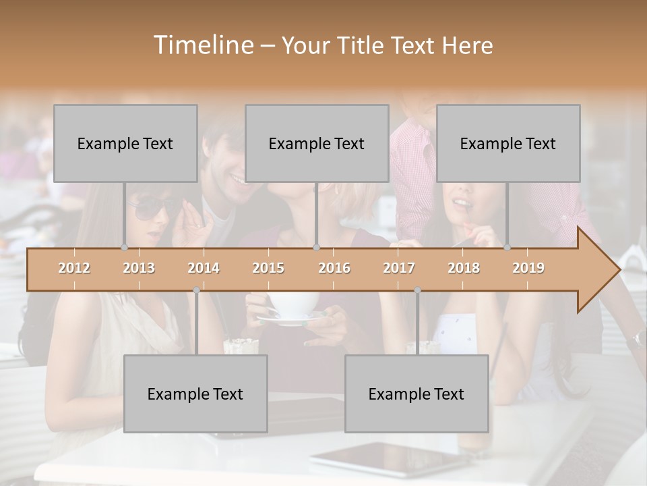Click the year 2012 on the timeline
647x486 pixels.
click(x=74, y=268)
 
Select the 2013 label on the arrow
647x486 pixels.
click(x=139, y=268)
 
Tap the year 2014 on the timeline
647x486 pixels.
click(x=204, y=268)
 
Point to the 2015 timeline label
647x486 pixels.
click(x=268, y=268)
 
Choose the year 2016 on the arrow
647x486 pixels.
click(x=334, y=268)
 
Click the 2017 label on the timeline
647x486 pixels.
click(x=399, y=268)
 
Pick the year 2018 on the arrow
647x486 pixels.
click(x=464, y=268)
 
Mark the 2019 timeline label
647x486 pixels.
click(x=528, y=268)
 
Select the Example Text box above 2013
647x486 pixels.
click(x=125, y=143)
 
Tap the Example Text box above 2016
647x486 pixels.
click(x=317, y=143)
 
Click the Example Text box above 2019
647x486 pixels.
click(x=508, y=143)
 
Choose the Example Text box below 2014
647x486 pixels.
click(x=195, y=394)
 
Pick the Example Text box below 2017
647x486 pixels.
click(x=417, y=394)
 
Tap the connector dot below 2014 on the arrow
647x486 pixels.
click(x=196, y=290)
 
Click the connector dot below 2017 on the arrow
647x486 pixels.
click(x=417, y=290)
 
